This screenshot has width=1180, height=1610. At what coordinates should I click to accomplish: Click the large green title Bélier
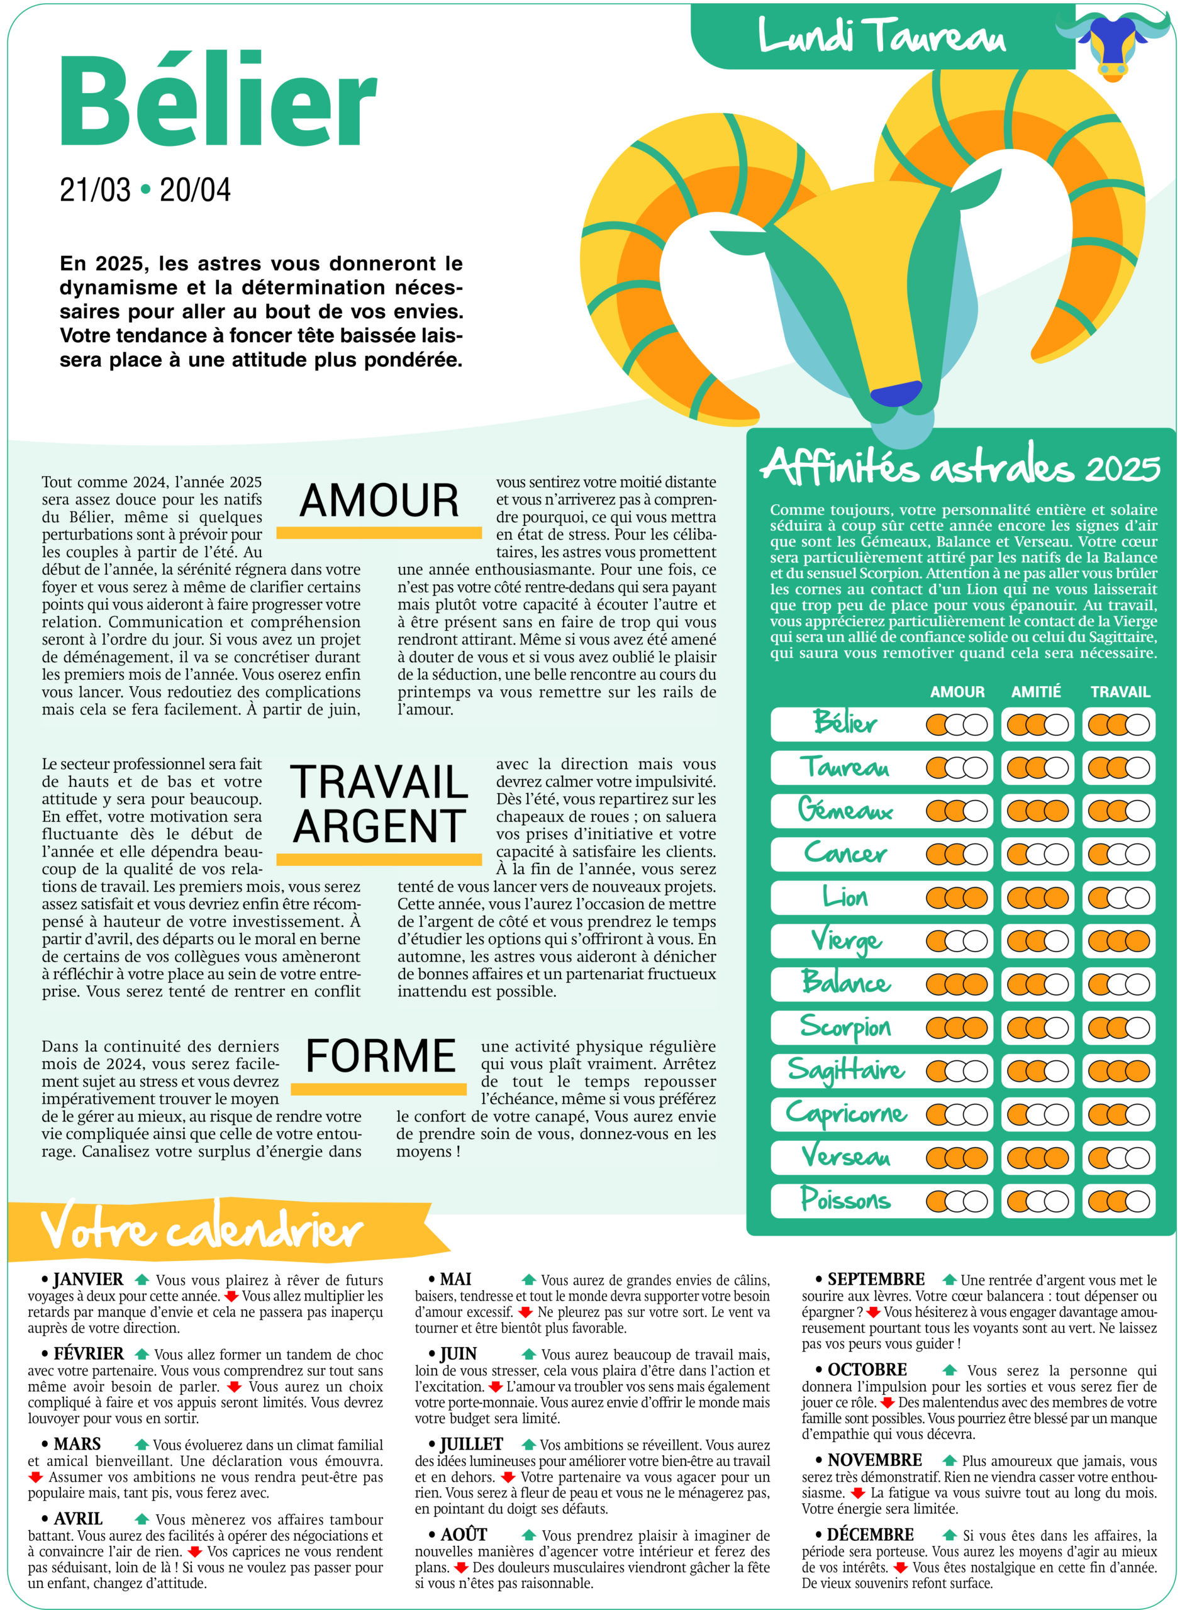point(217,101)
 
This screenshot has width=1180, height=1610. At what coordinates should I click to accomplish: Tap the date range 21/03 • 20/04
point(145,190)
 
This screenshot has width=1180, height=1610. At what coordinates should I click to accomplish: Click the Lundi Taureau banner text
point(881,36)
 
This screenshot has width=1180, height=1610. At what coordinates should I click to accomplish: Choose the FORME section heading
point(380,1056)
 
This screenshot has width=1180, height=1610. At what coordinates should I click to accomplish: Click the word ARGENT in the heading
point(379,827)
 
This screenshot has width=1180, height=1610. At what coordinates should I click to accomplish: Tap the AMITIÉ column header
point(1036,692)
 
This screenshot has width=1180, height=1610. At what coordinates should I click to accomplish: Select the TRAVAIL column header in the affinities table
point(1120,692)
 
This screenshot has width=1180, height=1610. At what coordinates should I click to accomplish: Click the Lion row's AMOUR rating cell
point(957,897)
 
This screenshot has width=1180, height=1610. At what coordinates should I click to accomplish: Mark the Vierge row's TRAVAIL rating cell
point(1118,941)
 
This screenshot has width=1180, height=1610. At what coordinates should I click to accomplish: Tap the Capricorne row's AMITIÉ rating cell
point(1037,1114)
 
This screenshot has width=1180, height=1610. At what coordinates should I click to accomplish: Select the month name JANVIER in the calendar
point(88,1279)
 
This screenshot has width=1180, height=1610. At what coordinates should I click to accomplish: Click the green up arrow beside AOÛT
point(528,1535)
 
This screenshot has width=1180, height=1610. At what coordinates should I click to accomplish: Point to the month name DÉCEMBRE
point(870,1535)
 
